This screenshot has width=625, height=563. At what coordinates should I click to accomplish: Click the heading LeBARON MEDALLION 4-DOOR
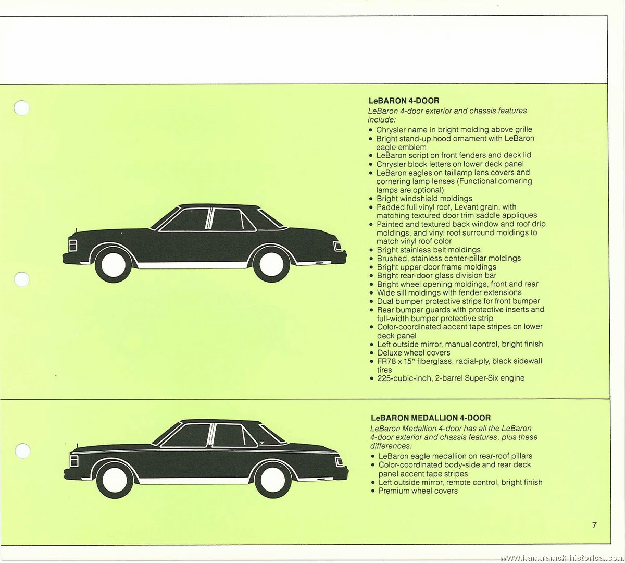(x=431, y=418)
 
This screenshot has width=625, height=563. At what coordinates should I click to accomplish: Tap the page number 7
(x=594, y=524)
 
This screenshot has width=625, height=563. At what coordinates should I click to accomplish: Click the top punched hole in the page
(x=22, y=108)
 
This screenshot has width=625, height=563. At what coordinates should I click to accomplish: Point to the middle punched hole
(x=22, y=279)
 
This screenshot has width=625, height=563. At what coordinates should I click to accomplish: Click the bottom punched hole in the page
(x=23, y=451)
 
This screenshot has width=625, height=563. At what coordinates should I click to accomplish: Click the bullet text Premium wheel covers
(x=418, y=491)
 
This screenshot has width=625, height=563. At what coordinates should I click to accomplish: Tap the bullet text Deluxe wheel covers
(x=414, y=352)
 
